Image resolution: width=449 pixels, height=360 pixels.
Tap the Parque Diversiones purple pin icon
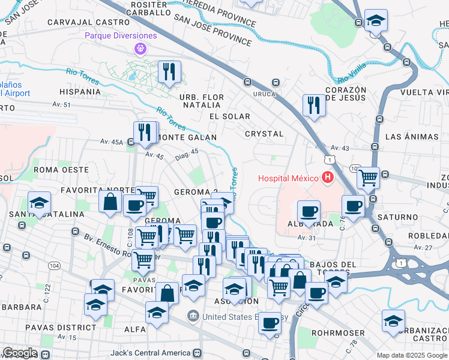(140, 48)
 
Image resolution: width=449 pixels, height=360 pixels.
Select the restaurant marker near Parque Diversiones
(169, 72)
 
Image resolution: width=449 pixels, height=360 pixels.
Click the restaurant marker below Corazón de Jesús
(314, 105)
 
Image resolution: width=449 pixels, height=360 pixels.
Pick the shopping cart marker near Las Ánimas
(367, 178)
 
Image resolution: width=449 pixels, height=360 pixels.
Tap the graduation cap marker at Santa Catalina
(39, 202)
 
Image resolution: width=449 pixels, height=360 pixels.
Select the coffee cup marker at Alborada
(309, 211)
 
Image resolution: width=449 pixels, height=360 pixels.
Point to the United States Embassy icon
(193, 314)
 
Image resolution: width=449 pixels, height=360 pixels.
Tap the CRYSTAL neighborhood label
(264, 133)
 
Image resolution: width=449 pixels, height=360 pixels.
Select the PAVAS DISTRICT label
(60, 328)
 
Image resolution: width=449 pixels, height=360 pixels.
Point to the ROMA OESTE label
(61, 170)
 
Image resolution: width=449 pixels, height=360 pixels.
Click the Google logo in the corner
(20, 353)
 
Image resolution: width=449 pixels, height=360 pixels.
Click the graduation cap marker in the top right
(376, 20)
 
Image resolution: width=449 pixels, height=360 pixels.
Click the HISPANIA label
(80, 92)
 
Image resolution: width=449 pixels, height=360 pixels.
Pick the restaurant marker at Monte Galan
(145, 132)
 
